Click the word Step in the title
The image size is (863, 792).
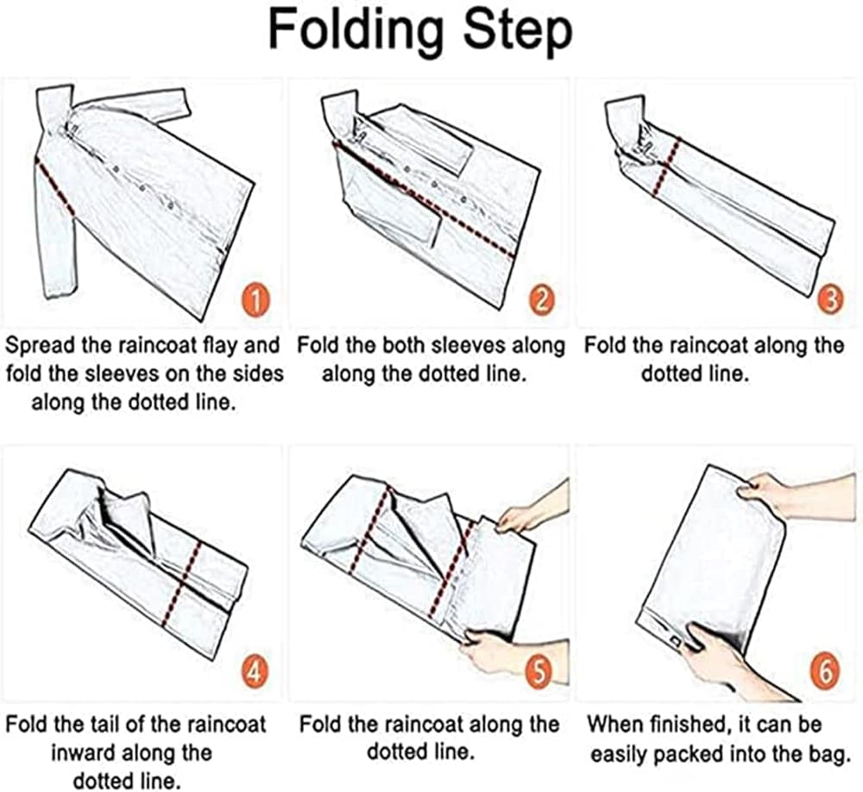point(518,31)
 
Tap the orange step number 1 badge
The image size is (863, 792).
point(255,301)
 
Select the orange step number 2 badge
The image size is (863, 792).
point(542,301)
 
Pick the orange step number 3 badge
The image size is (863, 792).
point(831,300)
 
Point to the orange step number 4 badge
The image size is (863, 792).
point(254,672)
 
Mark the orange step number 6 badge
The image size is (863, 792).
point(826,672)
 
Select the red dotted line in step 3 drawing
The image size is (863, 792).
point(667,167)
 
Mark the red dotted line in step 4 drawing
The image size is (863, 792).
point(183,583)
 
